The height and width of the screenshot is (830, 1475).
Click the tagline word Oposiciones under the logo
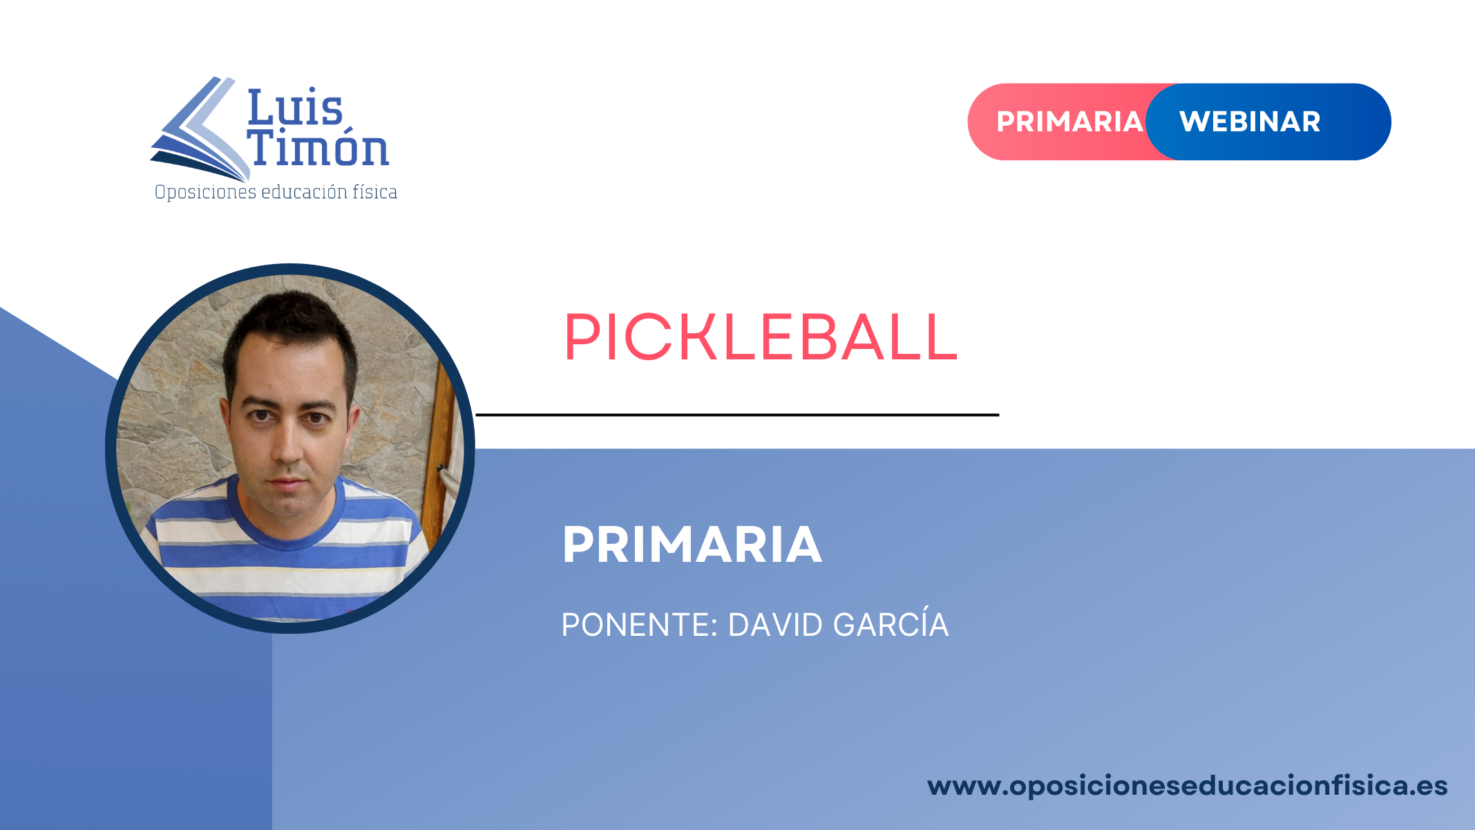click(x=205, y=192)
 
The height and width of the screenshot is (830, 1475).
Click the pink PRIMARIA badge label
click(x=1069, y=122)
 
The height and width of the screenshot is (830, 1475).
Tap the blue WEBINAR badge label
click(x=1250, y=122)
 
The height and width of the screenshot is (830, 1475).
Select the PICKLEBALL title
click(x=761, y=337)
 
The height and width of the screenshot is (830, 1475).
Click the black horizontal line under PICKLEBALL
click(x=737, y=415)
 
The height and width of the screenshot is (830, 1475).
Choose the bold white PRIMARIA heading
click(x=692, y=545)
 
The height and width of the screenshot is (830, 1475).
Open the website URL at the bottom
click(x=1187, y=786)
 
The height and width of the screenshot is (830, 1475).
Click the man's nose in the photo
click(x=287, y=442)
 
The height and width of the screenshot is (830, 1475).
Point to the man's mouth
click(x=287, y=482)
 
